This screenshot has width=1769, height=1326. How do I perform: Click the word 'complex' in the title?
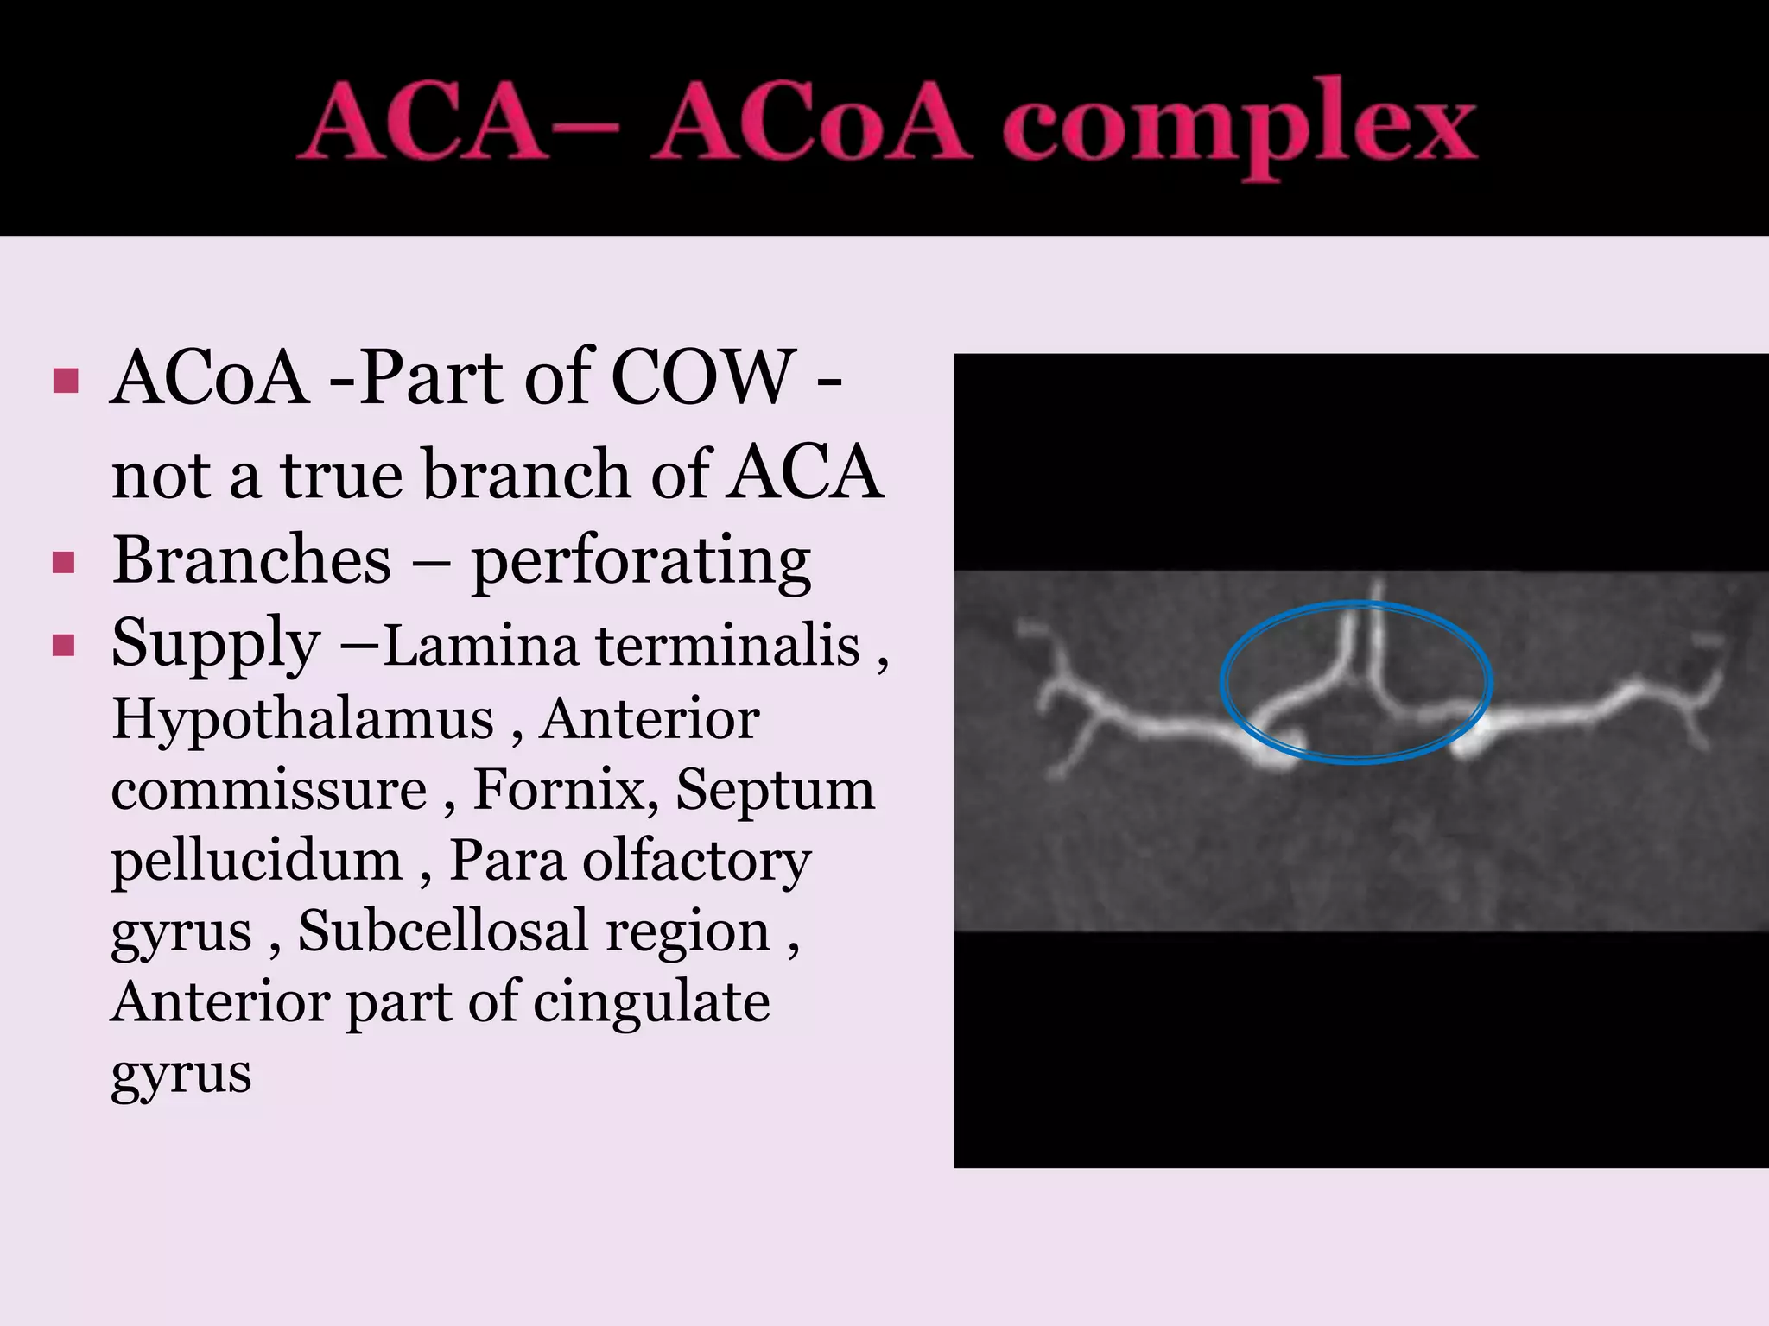coord(1240,127)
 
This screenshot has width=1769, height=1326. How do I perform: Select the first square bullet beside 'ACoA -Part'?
coord(66,381)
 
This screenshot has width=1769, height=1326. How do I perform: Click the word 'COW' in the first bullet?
coord(703,378)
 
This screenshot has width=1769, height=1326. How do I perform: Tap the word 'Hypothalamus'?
coord(302,720)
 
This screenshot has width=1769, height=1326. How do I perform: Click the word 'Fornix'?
coord(565,789)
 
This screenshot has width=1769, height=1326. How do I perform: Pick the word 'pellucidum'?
coord(257,862)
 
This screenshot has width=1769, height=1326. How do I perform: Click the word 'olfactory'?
coord(696,862)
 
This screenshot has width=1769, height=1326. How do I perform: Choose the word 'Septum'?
coord(775,789)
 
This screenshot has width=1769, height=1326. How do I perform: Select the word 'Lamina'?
coord(480,646)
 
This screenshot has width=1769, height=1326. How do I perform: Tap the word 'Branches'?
coord(251,561)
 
